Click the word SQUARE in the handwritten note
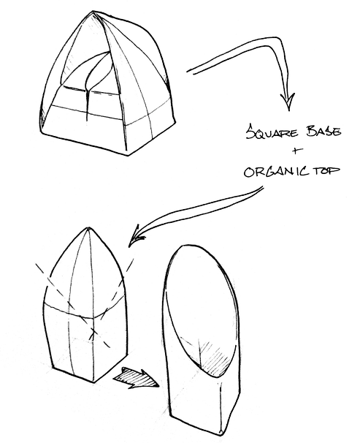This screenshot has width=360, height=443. point(272,132)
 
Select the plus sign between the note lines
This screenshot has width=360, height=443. point(295,151)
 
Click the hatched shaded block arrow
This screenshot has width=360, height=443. point(137,378)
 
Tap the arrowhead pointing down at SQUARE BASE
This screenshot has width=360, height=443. point(288,102)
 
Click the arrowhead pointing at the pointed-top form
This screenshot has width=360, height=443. point(136,235)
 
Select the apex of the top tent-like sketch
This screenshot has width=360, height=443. point(93,12)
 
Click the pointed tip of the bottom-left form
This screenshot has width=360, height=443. point(88,228)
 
